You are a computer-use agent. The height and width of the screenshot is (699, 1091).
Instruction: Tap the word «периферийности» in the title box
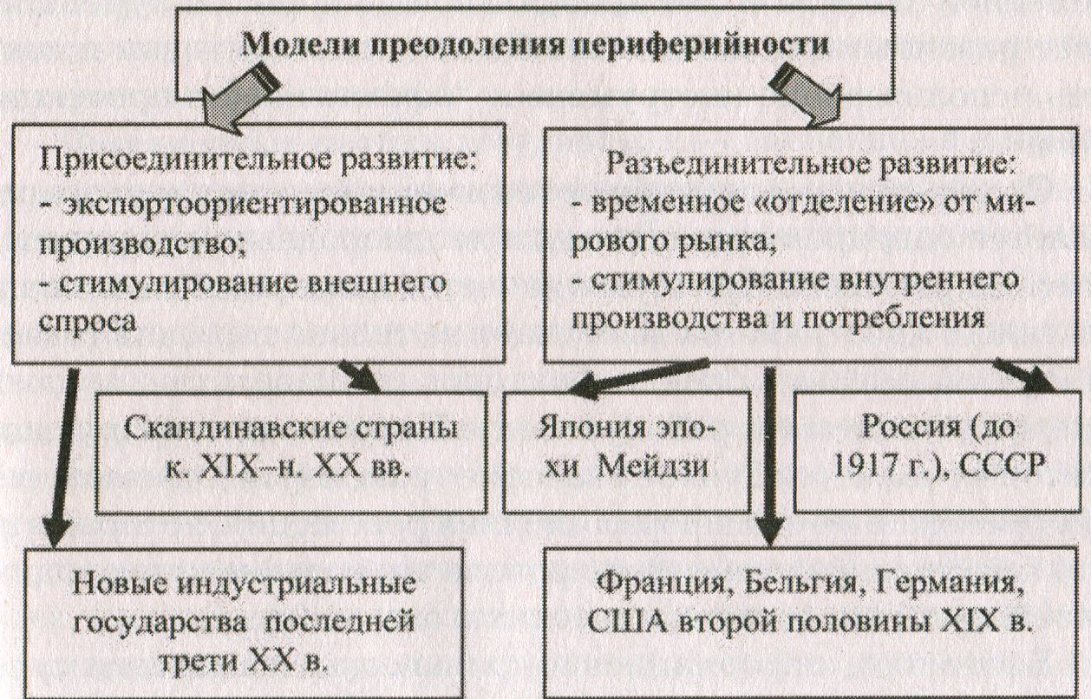pos(699,45)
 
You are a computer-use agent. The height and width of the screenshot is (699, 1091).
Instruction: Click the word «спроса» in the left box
pos(88,323)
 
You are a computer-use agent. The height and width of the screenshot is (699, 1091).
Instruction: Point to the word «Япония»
pos(591,429)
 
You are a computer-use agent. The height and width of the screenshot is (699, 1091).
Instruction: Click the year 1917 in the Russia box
pos(863,467)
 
